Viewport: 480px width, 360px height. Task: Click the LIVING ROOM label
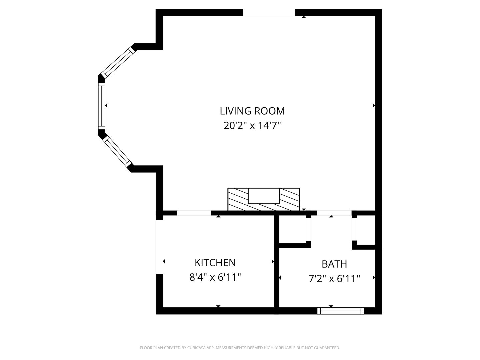point(252,111)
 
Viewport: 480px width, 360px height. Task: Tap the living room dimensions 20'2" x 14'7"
point(252,126)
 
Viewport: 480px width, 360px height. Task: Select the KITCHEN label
point(215,263)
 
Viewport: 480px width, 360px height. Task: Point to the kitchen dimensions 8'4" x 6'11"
point(215,277)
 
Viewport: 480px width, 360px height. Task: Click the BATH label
point(334,264)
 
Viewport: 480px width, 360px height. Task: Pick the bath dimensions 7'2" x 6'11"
point(334,279)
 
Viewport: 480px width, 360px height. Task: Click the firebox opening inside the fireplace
point(264,196)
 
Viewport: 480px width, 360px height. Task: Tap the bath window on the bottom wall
point(340,311)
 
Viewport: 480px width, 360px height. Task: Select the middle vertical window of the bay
point(102,106)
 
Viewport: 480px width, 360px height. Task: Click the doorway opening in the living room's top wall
point(269,13)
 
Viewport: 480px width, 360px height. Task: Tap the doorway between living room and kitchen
point(194,213)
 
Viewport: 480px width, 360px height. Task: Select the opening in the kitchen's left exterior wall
point(159,247)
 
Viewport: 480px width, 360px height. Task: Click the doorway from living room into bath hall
point(334,213)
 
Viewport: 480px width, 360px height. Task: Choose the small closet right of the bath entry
point(366,230)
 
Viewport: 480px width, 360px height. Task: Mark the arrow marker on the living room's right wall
point(374,106)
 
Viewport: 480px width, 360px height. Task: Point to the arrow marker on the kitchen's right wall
point(273,261)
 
